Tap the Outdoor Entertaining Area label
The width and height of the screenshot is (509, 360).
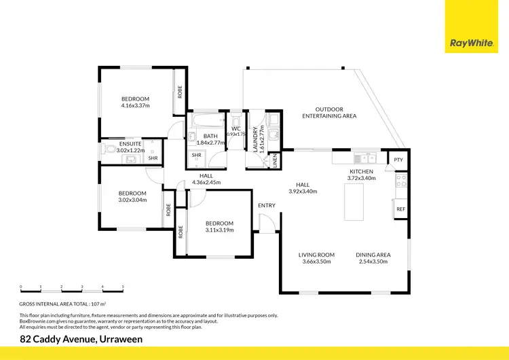tap(329, 113)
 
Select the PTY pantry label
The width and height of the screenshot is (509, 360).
tap(398, 160)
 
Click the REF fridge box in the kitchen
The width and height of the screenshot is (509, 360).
tap(400, 209)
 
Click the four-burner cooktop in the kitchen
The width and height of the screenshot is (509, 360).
tap(401, 181)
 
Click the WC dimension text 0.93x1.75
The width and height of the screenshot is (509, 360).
tap(236, 134)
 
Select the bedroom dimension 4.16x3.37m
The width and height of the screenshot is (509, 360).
tap(135, 105)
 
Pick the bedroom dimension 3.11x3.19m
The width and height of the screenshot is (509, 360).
tap(219, 230)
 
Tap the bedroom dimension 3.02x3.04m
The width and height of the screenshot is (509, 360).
tap(132, 200)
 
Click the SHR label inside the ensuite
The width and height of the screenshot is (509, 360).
tap(153, 158)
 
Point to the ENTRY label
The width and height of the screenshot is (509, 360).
tap(267, 205)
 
